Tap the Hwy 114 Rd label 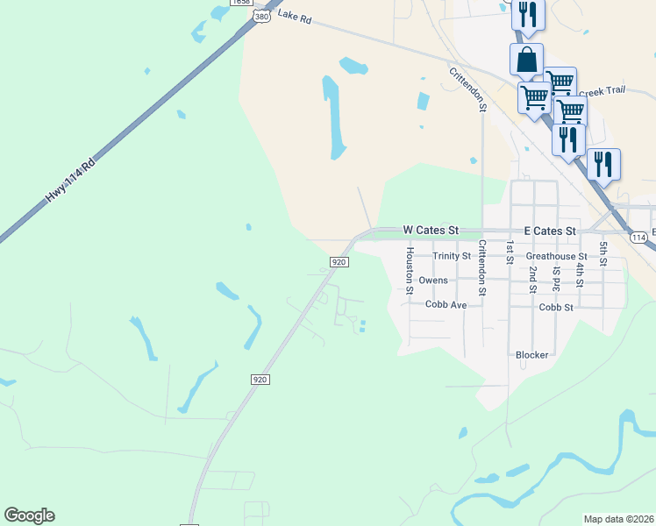click(x=70, y=184)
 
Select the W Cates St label click(x=431, y=229)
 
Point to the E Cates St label click(x=549, y=231)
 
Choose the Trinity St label click(x=453, y=256)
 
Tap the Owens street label click(x=433, y=281)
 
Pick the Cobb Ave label click(x=446, y=305)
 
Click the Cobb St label click(x=556, y=308)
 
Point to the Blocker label click(x=531, y=355)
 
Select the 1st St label click(x=510, y=252)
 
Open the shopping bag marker click(x=526, y=60)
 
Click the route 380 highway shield click(x=260, y=16)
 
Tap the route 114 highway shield click(x=638, y=238)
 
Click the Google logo click(x=29, y=515)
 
